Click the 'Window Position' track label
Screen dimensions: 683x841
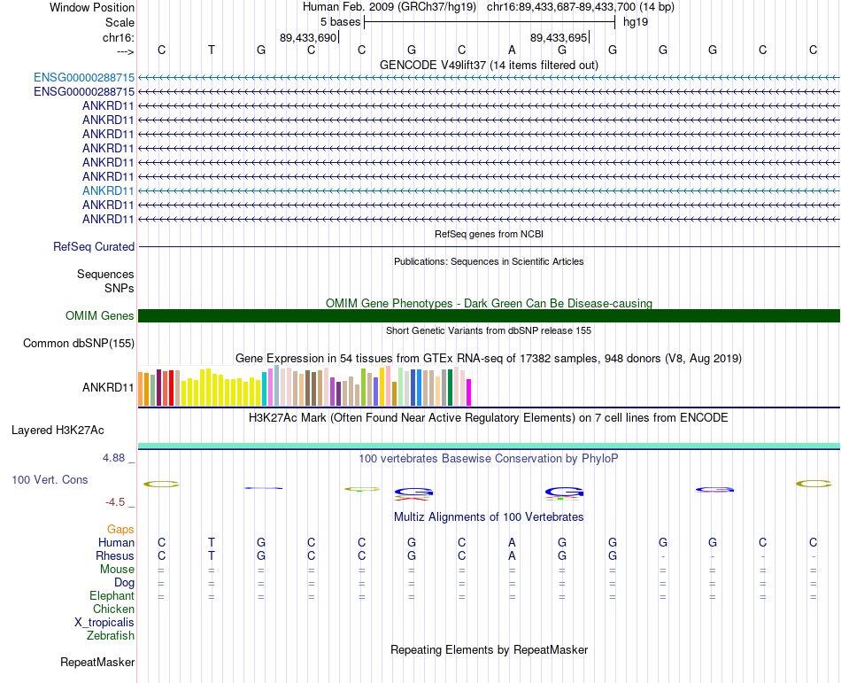(92, 7)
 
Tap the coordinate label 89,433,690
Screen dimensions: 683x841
(308, 38)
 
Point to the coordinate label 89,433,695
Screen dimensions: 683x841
(559, 38)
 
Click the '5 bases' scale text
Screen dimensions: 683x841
(340, 22)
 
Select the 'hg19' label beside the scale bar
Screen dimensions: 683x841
(636, 22)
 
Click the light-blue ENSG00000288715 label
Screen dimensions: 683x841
(84, 78)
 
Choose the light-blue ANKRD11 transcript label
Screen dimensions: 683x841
(108, 190)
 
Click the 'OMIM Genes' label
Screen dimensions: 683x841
(100, 316)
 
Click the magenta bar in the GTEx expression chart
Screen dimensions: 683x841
(469, 392)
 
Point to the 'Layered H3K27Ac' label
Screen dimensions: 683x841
(58, 431)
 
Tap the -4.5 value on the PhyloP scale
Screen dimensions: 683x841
(115, 502)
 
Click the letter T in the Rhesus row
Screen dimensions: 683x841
(212, 556)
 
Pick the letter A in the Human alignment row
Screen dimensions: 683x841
(512, 542)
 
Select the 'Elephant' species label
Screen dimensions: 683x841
(112, 596)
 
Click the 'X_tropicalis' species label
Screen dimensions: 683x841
(104, 623)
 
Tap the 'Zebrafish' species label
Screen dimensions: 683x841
(111, 636)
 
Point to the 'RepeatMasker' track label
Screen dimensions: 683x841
(97, 663)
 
